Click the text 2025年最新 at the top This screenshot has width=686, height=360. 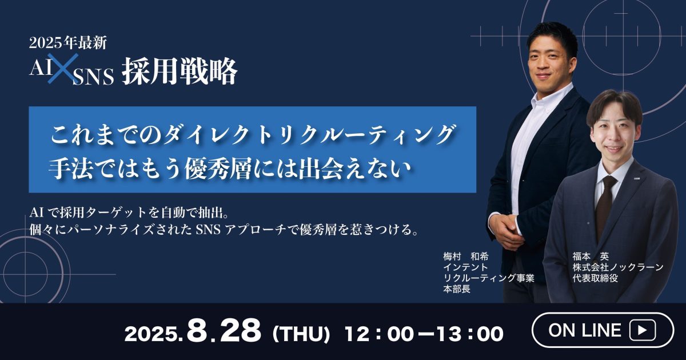tap(68, 43)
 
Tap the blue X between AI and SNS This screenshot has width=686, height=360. tap(63, 69)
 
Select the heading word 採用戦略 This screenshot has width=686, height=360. tap(180, 71)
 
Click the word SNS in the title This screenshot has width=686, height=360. tap(93, 77)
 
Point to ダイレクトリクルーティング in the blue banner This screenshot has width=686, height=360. tap(309, 135)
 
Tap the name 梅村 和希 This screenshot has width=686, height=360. tap(466, 256)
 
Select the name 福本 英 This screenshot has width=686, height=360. tap(591, 256)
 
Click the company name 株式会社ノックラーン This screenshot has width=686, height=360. tap(618, 267)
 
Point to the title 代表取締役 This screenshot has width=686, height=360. tap(595, 278)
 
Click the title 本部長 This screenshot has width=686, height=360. tap(457, 289)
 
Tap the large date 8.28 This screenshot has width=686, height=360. tap(224, 331)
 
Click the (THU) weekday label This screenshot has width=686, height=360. tap(301, 334)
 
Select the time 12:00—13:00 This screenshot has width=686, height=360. tap(424, 334)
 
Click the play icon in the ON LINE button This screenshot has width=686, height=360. tap(643, 330)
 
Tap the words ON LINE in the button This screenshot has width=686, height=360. tap(585, 330)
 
